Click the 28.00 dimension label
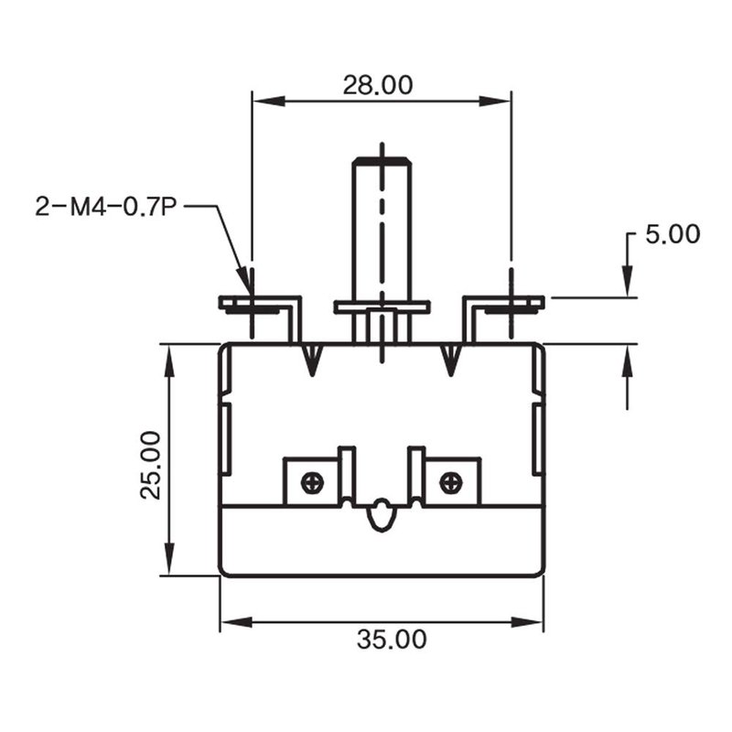(378, 85)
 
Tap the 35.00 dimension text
(392, 639)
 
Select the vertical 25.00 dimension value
(151, 466)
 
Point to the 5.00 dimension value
(673, 234)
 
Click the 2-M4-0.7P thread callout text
(106, 207)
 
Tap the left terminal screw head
(312, 482)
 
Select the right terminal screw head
(451, 482)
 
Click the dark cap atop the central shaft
(382, 161)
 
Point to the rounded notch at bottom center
(382, 515)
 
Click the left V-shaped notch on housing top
(312, 360)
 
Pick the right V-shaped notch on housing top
(450, 360)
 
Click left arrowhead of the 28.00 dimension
(269, 101)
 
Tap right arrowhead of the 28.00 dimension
(495, 101)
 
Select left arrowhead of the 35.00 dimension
(236, 622)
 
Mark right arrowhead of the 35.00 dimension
(527, 622)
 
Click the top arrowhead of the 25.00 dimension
(169, 361)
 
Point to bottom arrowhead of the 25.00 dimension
(169, 559)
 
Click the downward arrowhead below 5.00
(628, 281)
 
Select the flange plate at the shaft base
(382, 307)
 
